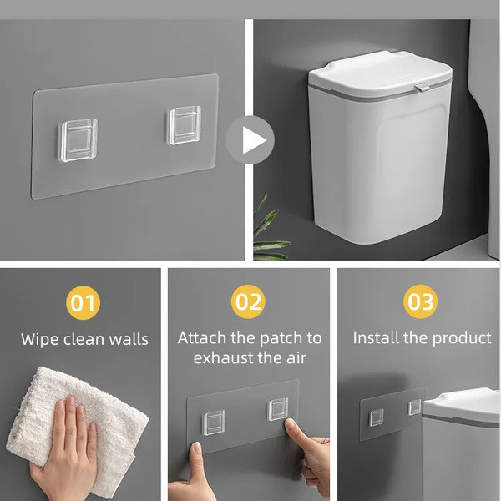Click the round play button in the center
click(250, 139)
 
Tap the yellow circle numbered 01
click(83, 302)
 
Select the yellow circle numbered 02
click(249, 302)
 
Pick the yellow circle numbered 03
click(421, 302)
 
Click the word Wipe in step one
click(40, 339)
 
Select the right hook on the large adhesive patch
click(184, 125)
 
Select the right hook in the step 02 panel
click(277, 409)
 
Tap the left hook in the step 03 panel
click(377, 417)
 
